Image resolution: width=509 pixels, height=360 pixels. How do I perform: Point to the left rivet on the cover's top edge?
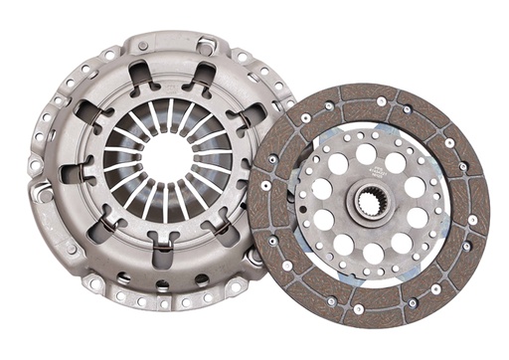point(142,47)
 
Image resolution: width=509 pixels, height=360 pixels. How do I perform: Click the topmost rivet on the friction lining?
point(381,101)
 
